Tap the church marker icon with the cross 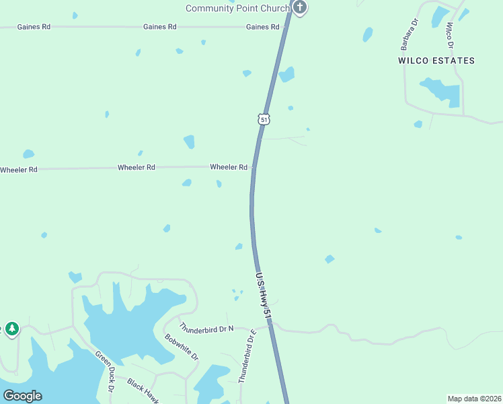300,7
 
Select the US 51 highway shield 264,119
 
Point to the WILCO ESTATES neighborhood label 436,61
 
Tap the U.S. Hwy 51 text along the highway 264,294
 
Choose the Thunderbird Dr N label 206,329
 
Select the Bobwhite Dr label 182,347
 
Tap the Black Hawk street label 143,393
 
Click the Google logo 23,396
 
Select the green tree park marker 11,329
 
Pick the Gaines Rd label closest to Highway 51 262,27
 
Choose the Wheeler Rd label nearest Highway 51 229,167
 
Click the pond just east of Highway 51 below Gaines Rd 287,74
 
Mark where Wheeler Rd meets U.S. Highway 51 254,167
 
